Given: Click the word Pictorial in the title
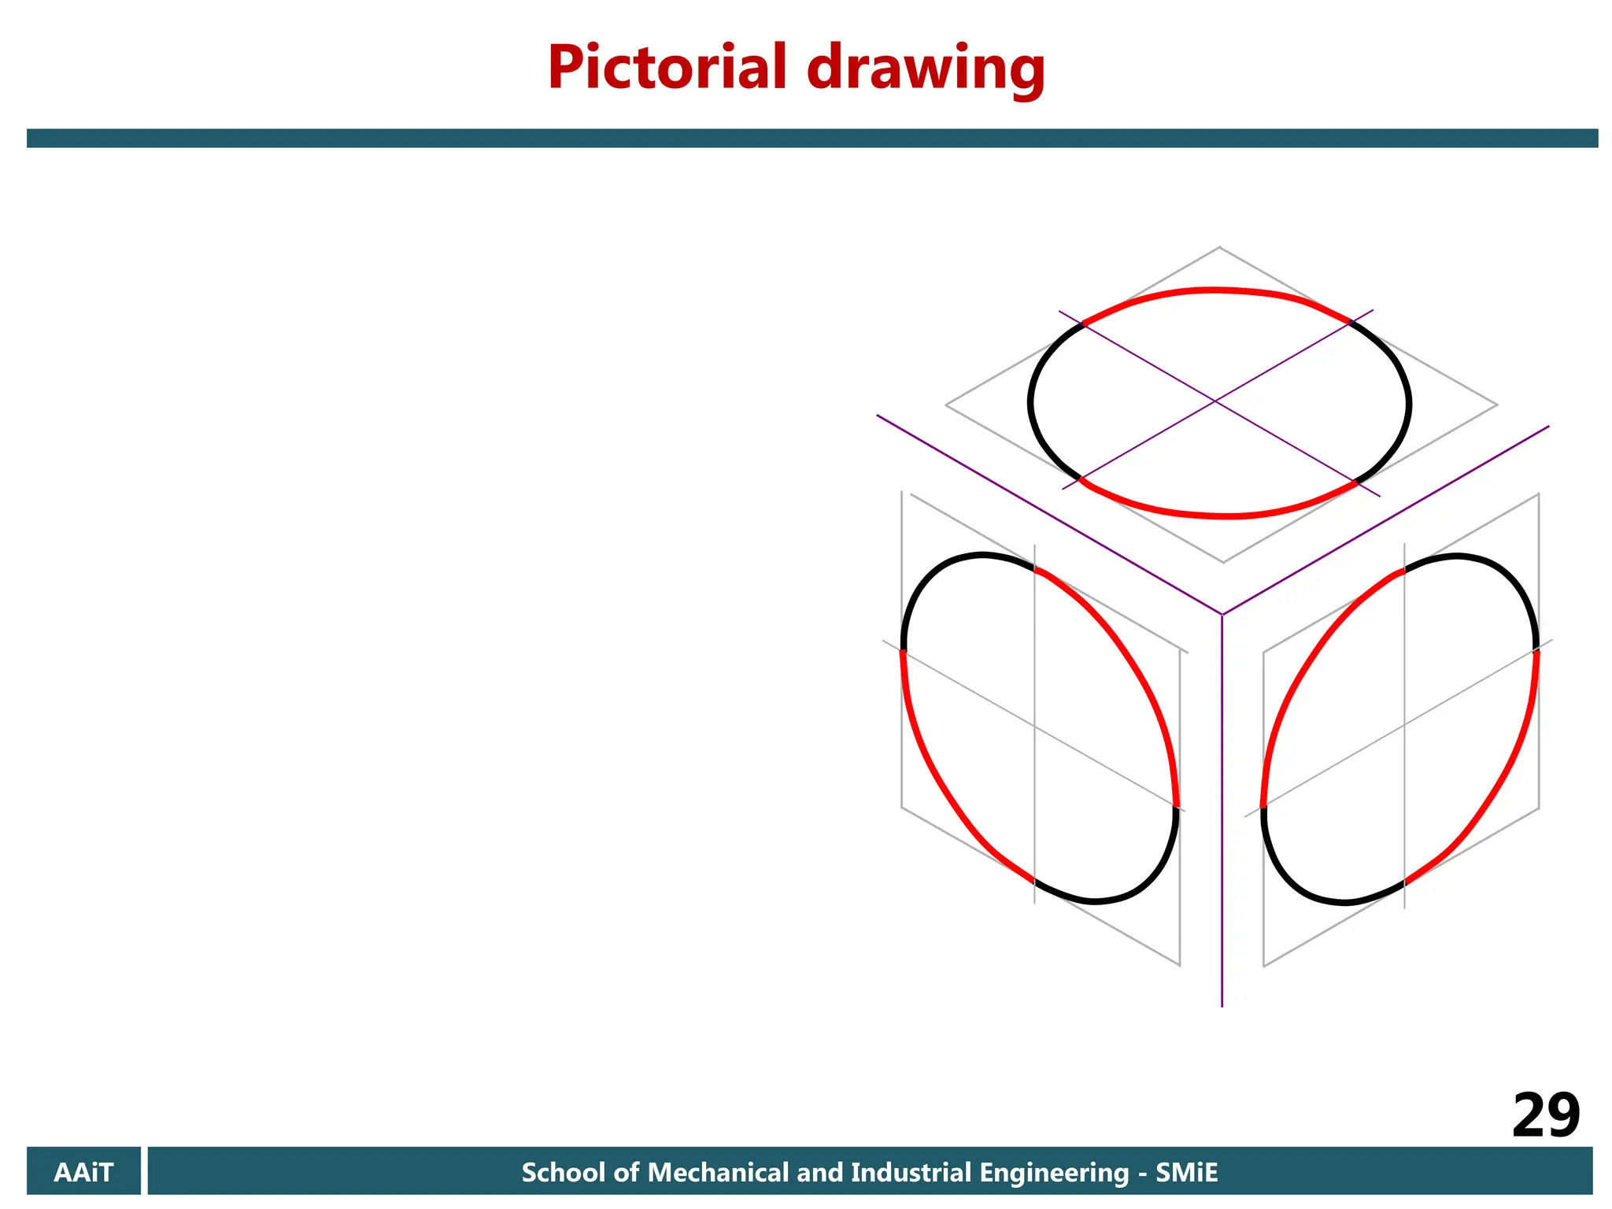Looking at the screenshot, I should (667, 68).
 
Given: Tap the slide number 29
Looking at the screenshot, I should (1545, 1115).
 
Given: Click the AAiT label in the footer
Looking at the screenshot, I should (83, 1173).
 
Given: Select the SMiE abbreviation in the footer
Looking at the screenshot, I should (1186, 1173).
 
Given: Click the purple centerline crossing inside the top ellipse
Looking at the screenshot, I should (1215, 401).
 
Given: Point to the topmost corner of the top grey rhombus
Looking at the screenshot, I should (1220, 248).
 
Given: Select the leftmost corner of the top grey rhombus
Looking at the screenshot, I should (946, 405).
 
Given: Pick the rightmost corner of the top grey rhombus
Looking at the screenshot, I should (1497, 405).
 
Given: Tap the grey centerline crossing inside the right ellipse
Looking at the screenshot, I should (1404, 725).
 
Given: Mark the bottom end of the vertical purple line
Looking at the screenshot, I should (1222, 1005).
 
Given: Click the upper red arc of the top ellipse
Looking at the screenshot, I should (1216, 290).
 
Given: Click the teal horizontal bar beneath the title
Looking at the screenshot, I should (811, 139).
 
